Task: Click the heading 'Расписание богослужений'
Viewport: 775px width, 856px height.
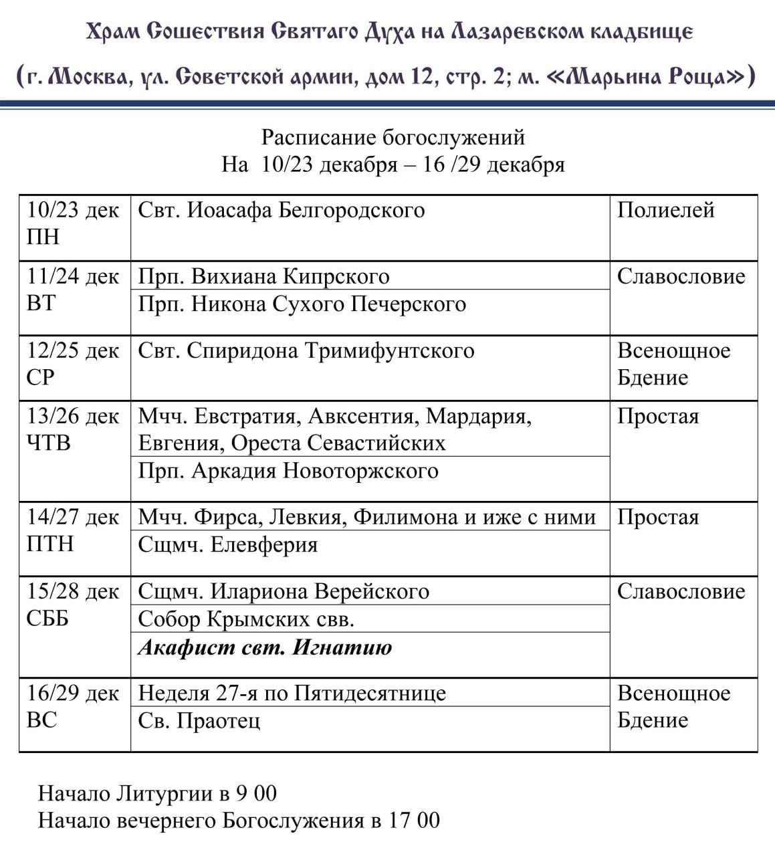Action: [x=393, y=137]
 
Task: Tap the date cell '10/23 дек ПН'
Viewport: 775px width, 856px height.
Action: [x=73, y=223]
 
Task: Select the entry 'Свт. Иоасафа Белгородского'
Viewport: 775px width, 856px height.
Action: [x=281, y=210]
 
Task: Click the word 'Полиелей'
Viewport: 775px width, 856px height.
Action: [x=665, y=210]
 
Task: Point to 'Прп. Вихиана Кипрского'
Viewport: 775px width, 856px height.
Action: [x=263, y=276]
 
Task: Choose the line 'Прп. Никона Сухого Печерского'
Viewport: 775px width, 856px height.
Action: [x=302, y=304]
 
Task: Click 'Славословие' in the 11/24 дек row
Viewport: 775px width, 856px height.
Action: [x=681, y=276]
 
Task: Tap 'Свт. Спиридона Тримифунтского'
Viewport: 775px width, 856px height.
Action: [x=306, y=350]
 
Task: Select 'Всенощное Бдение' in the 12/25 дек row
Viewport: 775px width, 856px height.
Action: [x=673, y=364]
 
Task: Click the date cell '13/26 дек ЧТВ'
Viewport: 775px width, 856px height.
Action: [x=73, y=429]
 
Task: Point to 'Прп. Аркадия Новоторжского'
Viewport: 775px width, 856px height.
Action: [x=288, y=471]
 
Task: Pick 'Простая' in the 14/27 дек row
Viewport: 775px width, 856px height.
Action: [x=658, y=517]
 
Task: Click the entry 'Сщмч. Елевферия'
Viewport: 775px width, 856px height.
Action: [x=227, y=545]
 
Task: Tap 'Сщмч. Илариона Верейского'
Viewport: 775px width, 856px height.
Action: [x=284, y=591]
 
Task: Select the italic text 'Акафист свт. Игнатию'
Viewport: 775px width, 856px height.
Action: [x=265, y=647]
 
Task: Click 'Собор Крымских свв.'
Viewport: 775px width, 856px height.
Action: [x=246, y=619]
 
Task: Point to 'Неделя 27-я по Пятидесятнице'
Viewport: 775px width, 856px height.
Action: [x=292, y=693]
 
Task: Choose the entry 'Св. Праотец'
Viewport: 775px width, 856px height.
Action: [x=199, y=721]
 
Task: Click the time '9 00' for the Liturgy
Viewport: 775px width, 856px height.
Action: [x=256, y=793]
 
